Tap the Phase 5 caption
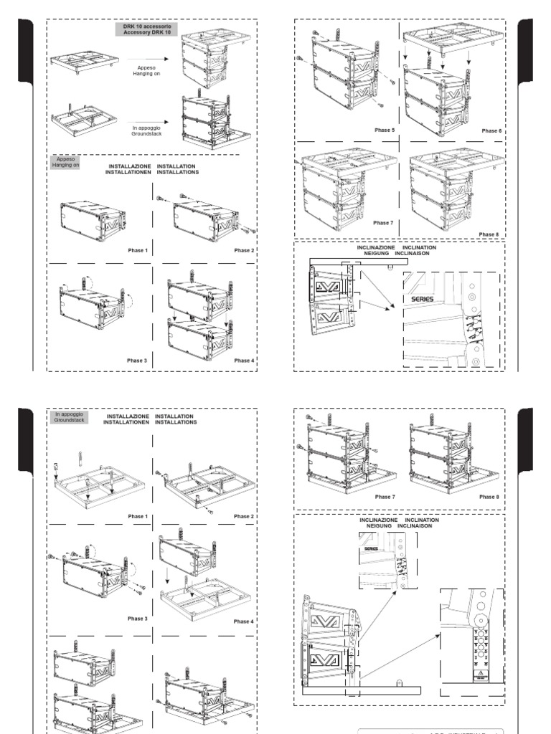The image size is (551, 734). tap(385, 130)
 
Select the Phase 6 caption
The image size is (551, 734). tap(491, 131)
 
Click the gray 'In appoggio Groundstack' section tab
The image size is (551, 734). tap(69, 417)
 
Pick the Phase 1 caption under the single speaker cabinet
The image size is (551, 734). tap(137, 250)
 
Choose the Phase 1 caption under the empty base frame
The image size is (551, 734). tap(137, 516)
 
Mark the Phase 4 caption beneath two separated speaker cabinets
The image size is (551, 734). tap(244, 361)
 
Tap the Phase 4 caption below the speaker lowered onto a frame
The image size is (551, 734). tap(244, 621)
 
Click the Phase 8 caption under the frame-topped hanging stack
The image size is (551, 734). tap(488, 234)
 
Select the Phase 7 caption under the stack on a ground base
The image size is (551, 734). tap(385, 496)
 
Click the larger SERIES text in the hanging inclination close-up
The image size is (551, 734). tap(424, 299)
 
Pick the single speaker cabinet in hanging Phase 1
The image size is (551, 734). tap(93, 219)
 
